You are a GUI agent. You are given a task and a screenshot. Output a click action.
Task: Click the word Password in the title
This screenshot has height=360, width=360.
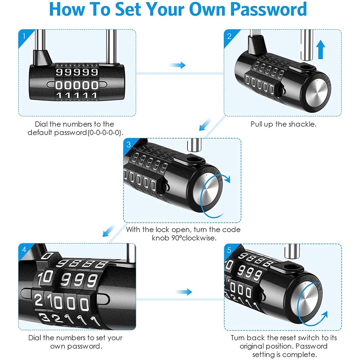coord(268,9)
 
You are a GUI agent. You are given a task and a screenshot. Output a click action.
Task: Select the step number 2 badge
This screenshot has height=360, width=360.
coord(229,36)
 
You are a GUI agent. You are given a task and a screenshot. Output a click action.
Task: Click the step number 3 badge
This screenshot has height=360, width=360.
coord(129,144)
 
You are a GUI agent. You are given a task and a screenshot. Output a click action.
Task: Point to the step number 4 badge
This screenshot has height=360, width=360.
coord(24,250)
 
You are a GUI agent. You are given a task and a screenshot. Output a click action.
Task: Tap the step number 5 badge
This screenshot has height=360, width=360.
coord(229,250)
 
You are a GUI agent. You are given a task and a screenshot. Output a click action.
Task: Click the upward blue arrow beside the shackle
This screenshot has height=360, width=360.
coord(321,50)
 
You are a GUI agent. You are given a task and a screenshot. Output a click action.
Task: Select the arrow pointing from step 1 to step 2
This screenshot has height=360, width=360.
coord(177,65)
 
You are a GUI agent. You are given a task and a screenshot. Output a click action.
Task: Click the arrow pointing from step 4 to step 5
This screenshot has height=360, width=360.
coord(184,292)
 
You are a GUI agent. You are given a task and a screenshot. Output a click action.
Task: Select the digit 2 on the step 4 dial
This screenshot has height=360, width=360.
coord(38,300)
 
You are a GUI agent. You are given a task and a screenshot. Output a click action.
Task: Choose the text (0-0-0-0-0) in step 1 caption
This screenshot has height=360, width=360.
coord(105,133)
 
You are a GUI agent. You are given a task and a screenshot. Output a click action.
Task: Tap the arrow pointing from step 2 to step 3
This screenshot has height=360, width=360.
coord(205,125)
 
